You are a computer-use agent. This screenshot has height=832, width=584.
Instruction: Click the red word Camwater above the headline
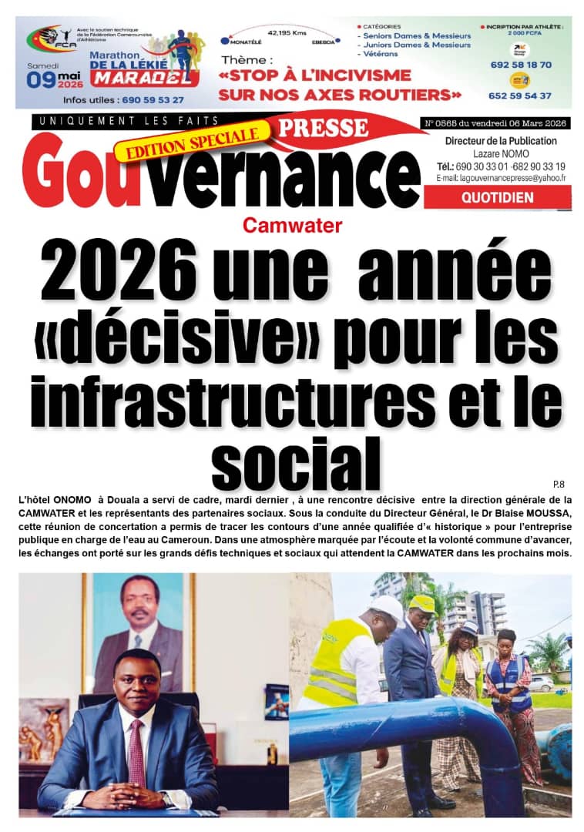pyautogui.click(x=292, y=226)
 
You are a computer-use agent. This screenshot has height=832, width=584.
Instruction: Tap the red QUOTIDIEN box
pyautogui.click(x=497, y=197)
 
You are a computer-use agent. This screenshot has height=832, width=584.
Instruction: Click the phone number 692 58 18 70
pyautogui.click(x=519, y=65)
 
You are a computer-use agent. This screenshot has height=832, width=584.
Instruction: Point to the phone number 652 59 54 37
pyautogui.click(x=519, y=96)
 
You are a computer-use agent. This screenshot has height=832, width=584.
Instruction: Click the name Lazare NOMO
pyautogui.click(x=500, y=154)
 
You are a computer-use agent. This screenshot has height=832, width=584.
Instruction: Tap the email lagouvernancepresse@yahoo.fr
pyautogui.click(x=501, y=178)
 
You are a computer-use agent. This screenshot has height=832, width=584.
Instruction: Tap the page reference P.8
pyautogui.click(x=559, y=484)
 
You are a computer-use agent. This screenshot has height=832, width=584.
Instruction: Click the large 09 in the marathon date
pyautogui.click(x=42, y=80)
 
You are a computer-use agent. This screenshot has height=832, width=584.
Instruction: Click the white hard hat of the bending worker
pyautogui.click(x=385, y=609)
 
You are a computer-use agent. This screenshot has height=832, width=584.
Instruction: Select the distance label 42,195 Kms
pyautogui.click(x=286, y=33)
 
